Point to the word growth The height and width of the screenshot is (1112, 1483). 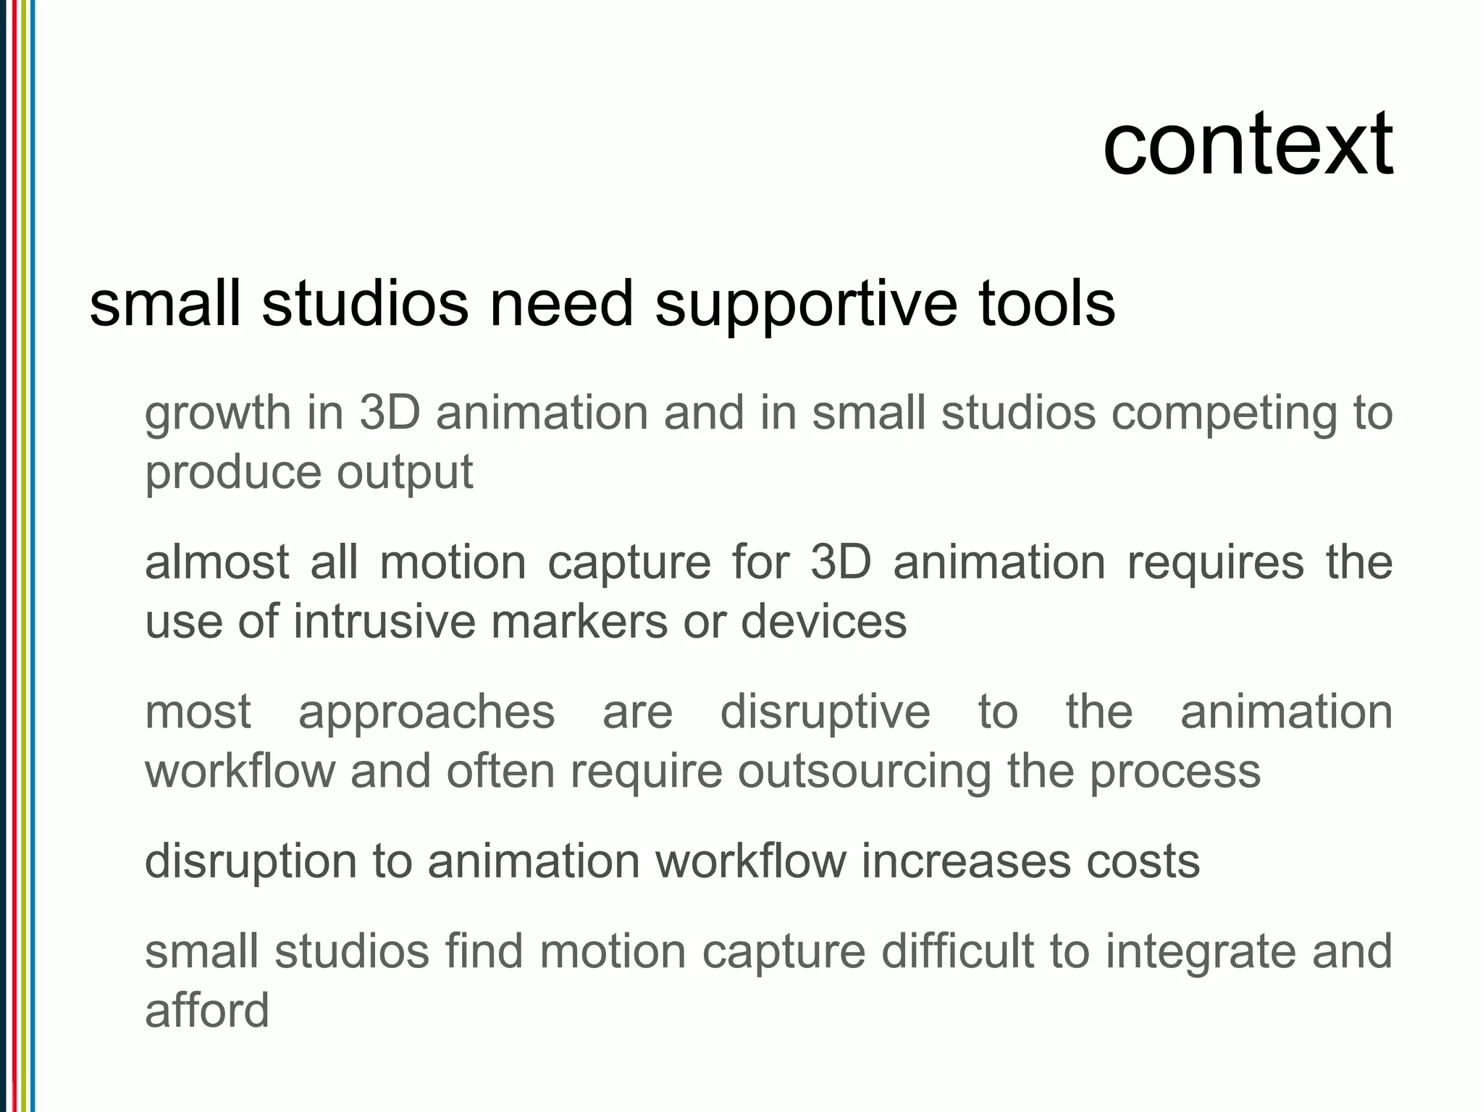tap(217, 414)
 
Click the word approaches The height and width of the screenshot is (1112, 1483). tap(427, 712)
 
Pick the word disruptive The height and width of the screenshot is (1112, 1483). tap(825, 712)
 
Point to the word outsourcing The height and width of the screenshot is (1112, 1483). tap(865, 772)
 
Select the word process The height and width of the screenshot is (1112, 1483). tap(1175, 772)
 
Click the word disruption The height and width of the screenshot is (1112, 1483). tap(251, 862)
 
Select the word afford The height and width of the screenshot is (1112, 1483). tap(207, 1011)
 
